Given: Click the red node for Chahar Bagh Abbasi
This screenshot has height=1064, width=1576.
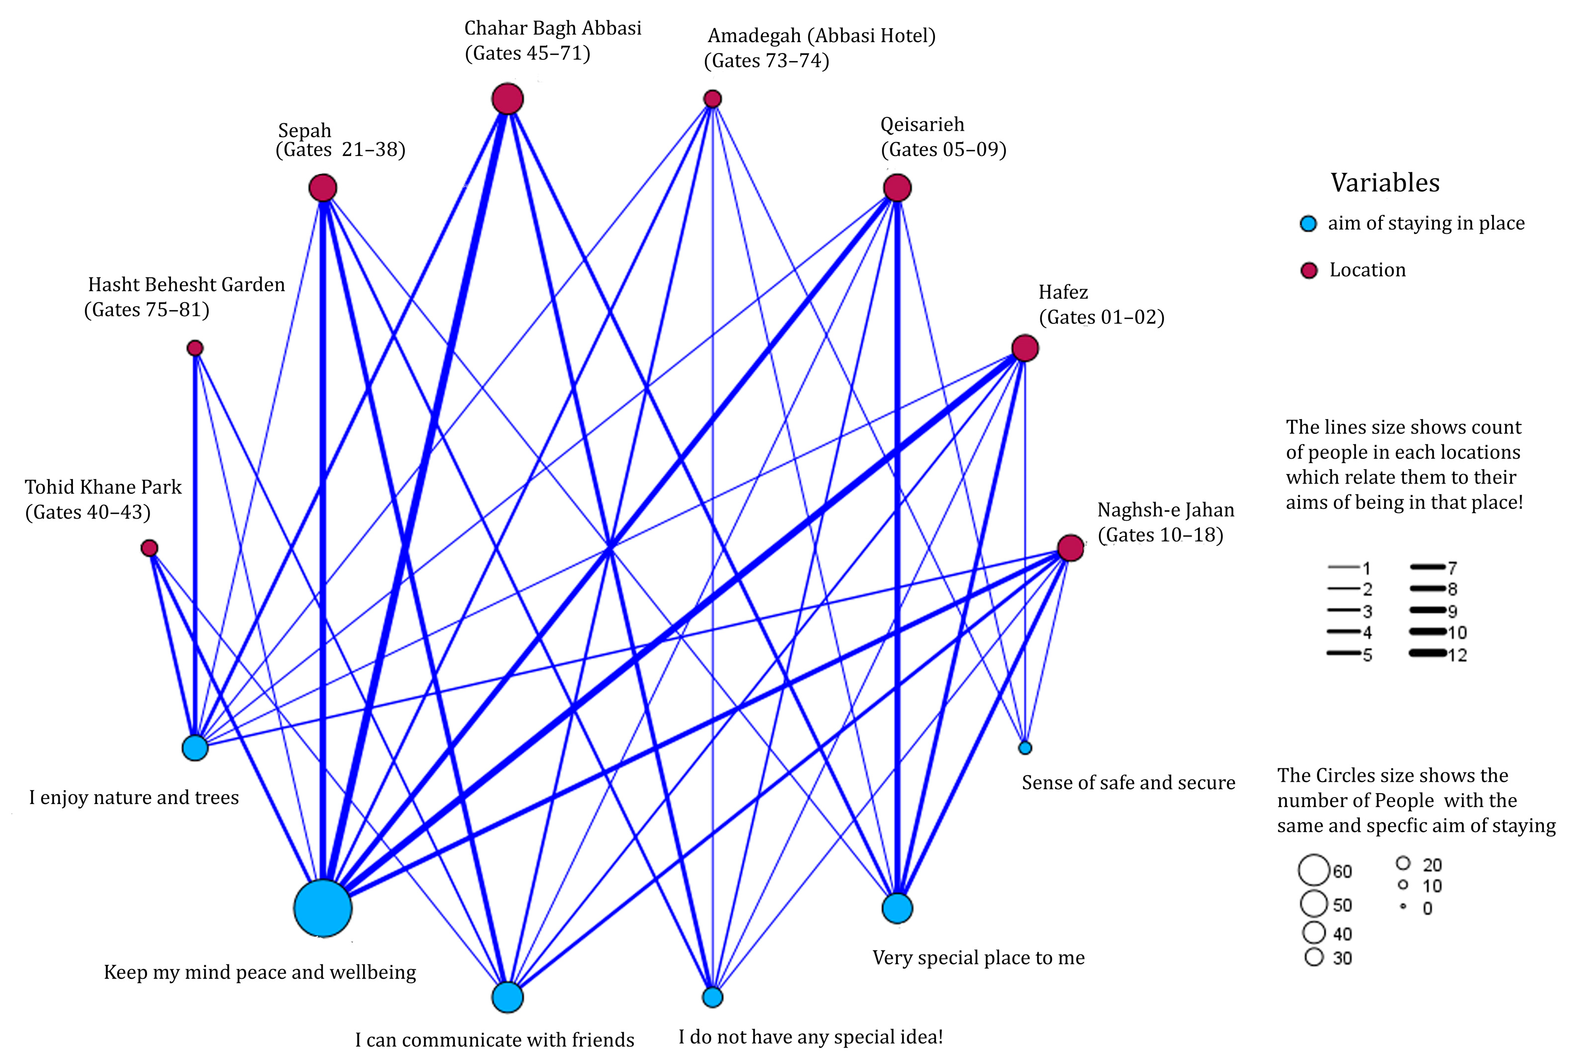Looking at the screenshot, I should pos(507,99).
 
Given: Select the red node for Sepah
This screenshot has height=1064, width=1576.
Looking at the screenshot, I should pos(323,188).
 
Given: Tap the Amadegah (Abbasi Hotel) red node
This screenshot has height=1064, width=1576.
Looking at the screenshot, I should pos(712,99).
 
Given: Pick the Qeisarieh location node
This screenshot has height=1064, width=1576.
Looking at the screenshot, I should pos(897,188).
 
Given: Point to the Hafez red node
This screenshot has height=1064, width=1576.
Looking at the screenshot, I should pos(1025,348).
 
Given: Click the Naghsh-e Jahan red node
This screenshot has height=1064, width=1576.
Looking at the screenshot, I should pos(1070,548).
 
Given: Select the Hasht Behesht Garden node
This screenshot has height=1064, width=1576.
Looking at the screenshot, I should pos(195,348).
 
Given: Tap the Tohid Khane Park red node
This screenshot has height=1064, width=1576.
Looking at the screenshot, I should pos(149,548).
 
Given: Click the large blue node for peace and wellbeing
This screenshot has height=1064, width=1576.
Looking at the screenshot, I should pos(323,908).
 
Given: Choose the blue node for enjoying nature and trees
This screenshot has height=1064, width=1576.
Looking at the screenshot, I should pos(195,748).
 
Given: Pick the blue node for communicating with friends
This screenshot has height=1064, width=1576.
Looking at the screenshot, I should pos(507,997).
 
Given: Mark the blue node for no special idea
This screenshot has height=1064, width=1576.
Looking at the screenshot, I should pos(712,997).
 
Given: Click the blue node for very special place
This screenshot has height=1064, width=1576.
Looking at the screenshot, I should pos(897,908).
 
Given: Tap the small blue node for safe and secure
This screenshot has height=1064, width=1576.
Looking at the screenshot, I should pos(1025,748).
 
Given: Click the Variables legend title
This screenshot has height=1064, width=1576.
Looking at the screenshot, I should pos(1385,183).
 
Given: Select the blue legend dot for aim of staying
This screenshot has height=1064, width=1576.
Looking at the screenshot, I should pos(1308,224).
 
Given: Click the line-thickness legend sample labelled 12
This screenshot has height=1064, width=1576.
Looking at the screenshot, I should pos(1427,653).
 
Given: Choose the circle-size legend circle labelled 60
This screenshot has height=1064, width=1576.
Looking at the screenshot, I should pos(1313,870).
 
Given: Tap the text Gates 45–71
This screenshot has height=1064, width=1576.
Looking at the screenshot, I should pos(528,53).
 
